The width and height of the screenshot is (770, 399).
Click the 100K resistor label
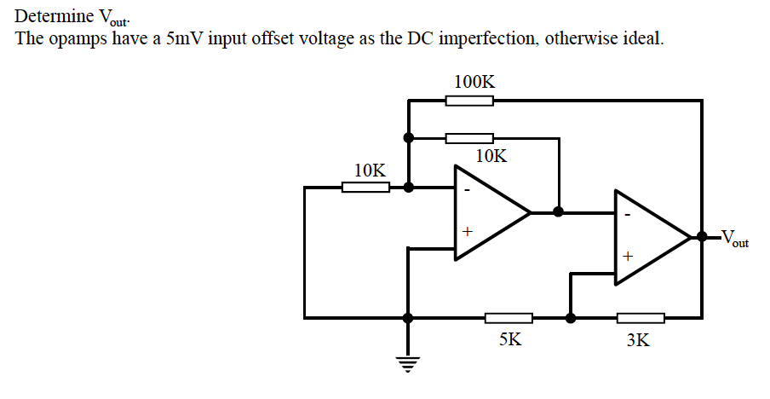coord(474,83)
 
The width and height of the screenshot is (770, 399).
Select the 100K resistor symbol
coord(469,101)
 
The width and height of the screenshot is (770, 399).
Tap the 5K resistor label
coord(510,339)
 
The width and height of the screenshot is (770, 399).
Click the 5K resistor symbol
coord(509,318)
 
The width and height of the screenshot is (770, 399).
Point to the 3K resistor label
coord(637,340)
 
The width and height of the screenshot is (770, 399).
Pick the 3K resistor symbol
coord(641,318)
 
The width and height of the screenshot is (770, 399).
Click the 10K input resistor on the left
coord(366,187)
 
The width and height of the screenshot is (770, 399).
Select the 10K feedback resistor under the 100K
coord(469,138)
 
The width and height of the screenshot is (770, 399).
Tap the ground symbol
coord(409,364)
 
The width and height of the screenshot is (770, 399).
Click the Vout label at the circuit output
coord(734,238)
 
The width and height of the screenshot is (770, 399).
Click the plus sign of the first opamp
coord(467,231)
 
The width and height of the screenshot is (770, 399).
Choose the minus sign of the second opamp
coord(628,216)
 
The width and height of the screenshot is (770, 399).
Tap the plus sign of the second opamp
coord(628,255)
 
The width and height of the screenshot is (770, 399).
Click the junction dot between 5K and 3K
coord(571,318)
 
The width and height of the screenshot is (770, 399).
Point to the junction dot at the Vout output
coord(702,236)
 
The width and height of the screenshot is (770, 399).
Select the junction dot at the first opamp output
coord(559,211)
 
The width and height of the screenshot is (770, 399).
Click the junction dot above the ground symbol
coord(409,318)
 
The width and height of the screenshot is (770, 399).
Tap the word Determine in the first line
coord(55,16)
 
